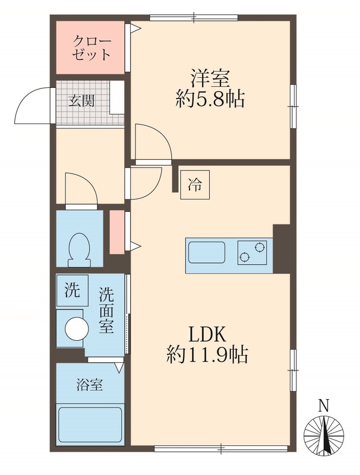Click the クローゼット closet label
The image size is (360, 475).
point(91,48)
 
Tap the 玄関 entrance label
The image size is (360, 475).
point(81,100)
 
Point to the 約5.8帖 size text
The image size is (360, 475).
point(210,99)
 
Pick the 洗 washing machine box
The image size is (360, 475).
point(71,291)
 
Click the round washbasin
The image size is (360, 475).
point(75,328)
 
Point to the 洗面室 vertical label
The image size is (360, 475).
point(106,310)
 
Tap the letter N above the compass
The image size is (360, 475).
point(324,407)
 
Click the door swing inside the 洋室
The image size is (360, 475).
point(151,142)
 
